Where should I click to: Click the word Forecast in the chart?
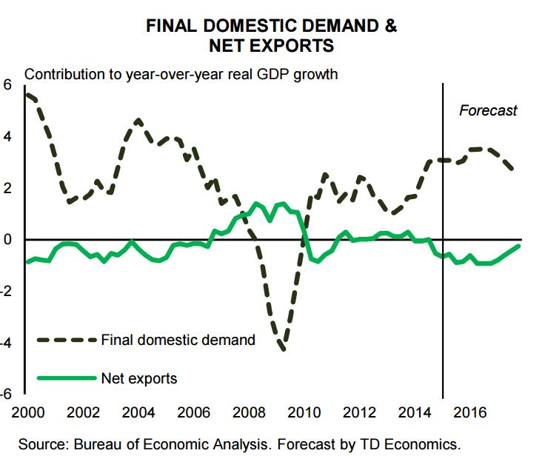pos(488,111)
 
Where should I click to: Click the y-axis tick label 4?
pos(8,136)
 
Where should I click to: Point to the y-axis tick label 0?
pos(8,240)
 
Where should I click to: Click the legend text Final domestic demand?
pos(179,341)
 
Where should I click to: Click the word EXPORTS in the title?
pos(291,46)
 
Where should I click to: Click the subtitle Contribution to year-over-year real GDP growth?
pos(181,75)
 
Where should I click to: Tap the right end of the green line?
pos(518,246)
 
